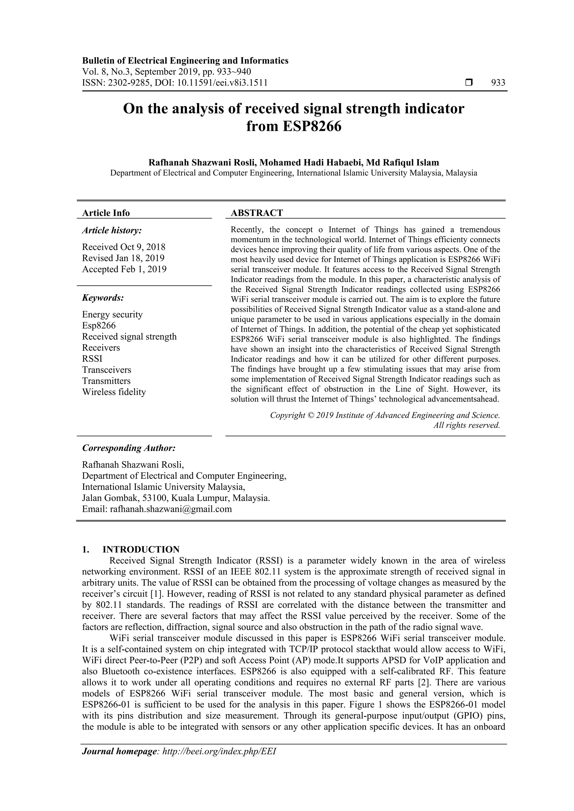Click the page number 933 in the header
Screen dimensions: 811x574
pyautogui.click(x=498, y=83)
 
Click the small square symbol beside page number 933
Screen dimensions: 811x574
pyautogui.click(x=469, y=83)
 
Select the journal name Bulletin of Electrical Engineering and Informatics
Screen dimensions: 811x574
pyautogui.click(x=185, y=61)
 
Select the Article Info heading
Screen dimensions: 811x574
pyautogui.click(x=106, y=213)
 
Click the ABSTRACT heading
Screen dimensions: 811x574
pyautogui.click(x=257, y=213)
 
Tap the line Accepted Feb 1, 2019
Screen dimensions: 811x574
pyautogui.click(x=124, y=269)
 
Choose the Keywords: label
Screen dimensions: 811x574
pyautogui.click(x=103, y=298)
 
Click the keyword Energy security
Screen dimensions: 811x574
pyautogui.click(x=112, y=314)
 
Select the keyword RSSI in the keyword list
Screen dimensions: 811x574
pyautogui.click(x=92, y=359)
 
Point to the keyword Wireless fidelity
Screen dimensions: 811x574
pyautogui.click(x=114, y=392)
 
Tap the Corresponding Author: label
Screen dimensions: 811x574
pyautogui.click(x=129, y=448)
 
